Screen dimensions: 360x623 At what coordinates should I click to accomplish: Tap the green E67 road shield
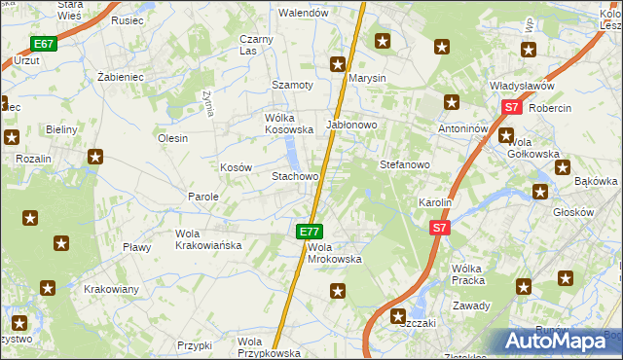[43, 44]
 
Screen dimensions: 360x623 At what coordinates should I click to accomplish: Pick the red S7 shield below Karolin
[440, 228]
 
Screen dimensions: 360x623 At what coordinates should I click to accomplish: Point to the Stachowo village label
[295, 177]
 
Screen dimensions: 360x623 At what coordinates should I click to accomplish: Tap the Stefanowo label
[404, 165]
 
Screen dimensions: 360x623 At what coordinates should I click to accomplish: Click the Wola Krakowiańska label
[207, 239]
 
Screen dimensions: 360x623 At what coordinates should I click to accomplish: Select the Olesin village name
[172, 138]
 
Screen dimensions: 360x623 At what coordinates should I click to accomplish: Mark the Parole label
[203, 197]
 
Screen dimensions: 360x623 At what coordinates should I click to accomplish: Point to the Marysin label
[367, 78]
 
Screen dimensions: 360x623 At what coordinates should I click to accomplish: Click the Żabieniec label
[122, 74]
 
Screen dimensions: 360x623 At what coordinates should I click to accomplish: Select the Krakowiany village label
[111, 289]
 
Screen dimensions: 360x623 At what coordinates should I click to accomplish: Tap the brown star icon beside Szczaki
[398, 315]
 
